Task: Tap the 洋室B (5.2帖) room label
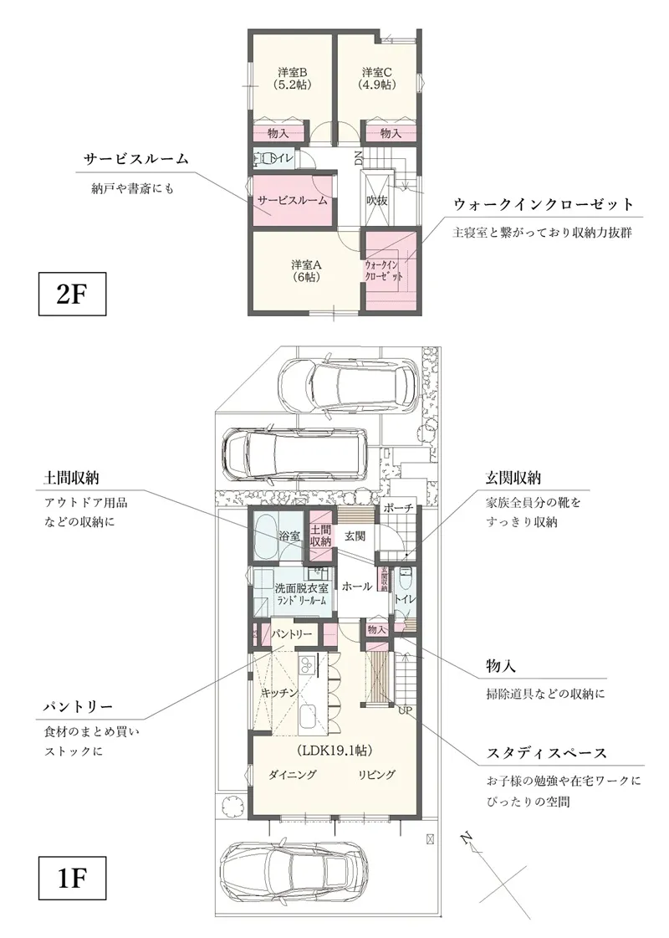pyautogui.click(x=292, y=78)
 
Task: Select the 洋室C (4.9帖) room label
pyautogui.click(x=376, y=78)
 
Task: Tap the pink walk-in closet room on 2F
pyautogui.click(x=386, y=270)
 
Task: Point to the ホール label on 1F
pyautogui.click(x=356, y=587)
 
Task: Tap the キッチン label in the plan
pyautogui.click(x=275, y=693)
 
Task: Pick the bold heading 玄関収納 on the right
pyautogui.click(x=513, y=479)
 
